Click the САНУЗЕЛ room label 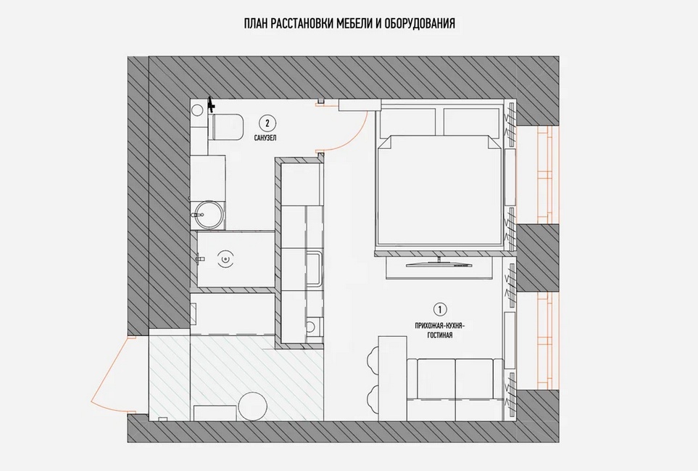coord(265,138)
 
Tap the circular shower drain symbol coord(227,259)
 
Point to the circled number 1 coord(440,309)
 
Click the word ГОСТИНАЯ coord(440,335)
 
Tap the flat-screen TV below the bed coord(439,263)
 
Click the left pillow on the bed coord(407,121)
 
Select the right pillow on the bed coord(471,121)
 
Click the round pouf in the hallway coord(252,406)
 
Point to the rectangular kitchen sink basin coord(314,269)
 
